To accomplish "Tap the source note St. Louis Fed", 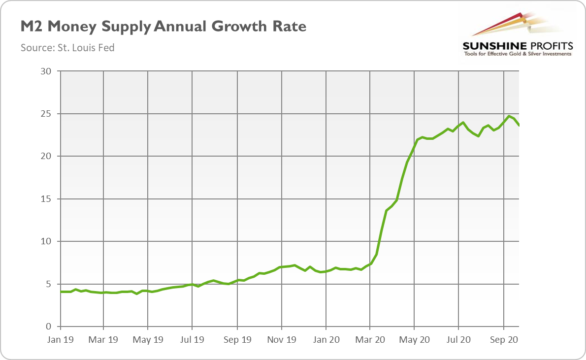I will [x=67, y=48].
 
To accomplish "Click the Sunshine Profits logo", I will [x=517, y=34].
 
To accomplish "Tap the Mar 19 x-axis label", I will [x=103, y=340].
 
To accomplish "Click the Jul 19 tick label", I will [x=192, y=340].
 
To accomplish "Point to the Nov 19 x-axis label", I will [x=281, y=340].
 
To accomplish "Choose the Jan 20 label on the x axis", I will [x=326, y=340].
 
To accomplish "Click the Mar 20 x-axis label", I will [x=370, y=340].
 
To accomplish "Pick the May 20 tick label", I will [x=415, y=340].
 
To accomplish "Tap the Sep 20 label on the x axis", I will [x=503, y=340].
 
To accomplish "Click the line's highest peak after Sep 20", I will [x=509, y=116].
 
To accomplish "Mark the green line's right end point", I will [x=519, y=126].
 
